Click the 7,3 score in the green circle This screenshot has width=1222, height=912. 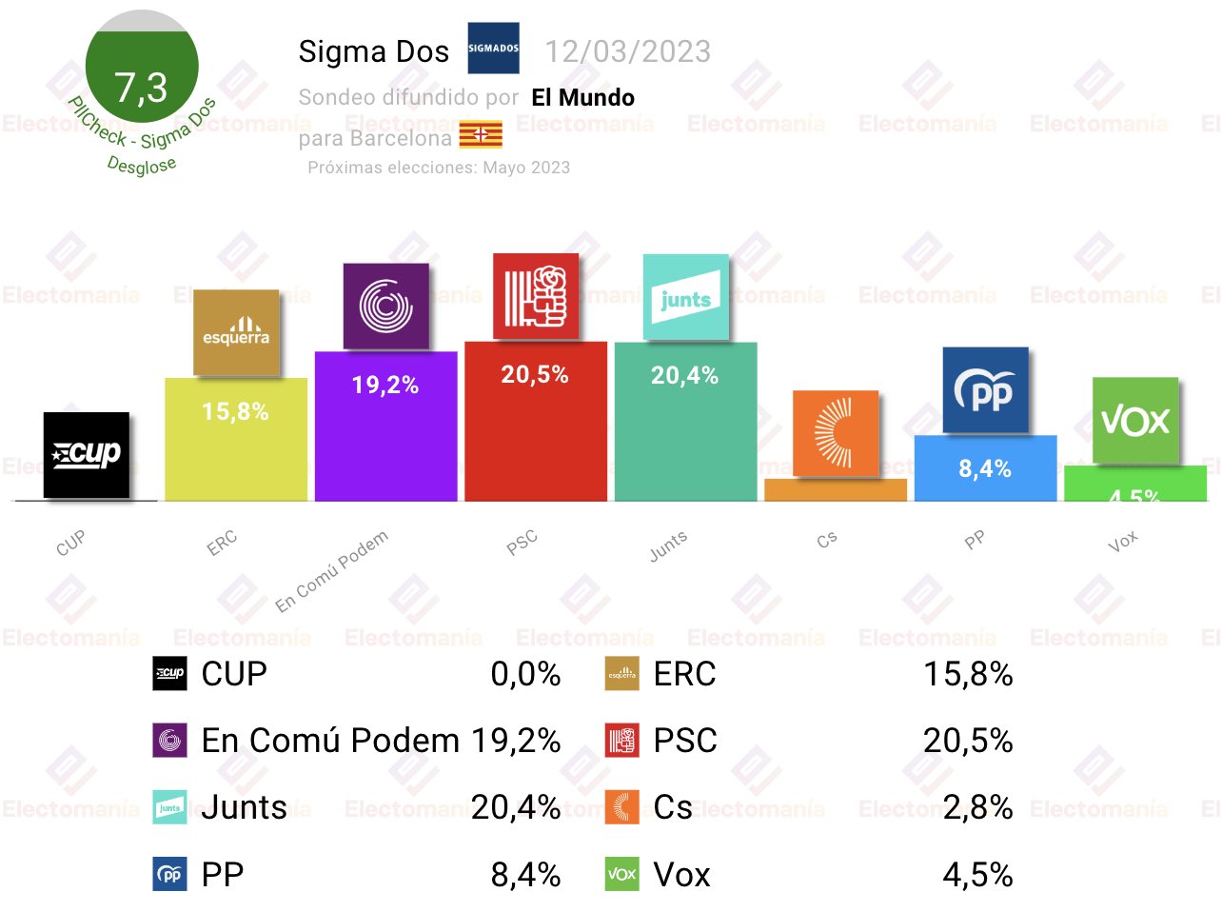click(x=141, y=88)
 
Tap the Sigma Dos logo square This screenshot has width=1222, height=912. click(x=493, y=49)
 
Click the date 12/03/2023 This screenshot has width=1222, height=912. click(x=627, y=51)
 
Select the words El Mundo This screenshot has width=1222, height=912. click(x=582, y=97)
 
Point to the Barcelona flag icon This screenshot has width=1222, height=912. click(x=481, y=136)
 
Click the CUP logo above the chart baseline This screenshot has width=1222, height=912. click(x=87, y=454)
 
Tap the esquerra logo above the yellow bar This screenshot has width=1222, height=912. click(x=236, y=332)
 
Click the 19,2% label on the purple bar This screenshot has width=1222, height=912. click(x=385, y=385)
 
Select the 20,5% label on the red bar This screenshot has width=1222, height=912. click(x=535, y=374)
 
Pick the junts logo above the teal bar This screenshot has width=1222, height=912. click(x=685, y=297)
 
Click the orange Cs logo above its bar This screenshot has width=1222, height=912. click(x=836, y=433)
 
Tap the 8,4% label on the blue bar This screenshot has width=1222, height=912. click(x=985, y=468)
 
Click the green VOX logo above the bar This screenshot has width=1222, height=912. click(x=1134, y=420)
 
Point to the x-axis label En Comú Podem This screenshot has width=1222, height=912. click(x=332, y=571)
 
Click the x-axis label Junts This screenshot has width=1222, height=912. click(x=668, y=545)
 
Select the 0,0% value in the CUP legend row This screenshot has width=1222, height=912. click(x=525, y=674)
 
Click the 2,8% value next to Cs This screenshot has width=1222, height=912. click(x=977, y=807)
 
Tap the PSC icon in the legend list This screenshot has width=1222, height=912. click(x=621, y=741)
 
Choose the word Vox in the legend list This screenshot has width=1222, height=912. click(x=681, y=875)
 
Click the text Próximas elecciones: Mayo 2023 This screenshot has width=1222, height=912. click(x=439, y=168)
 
